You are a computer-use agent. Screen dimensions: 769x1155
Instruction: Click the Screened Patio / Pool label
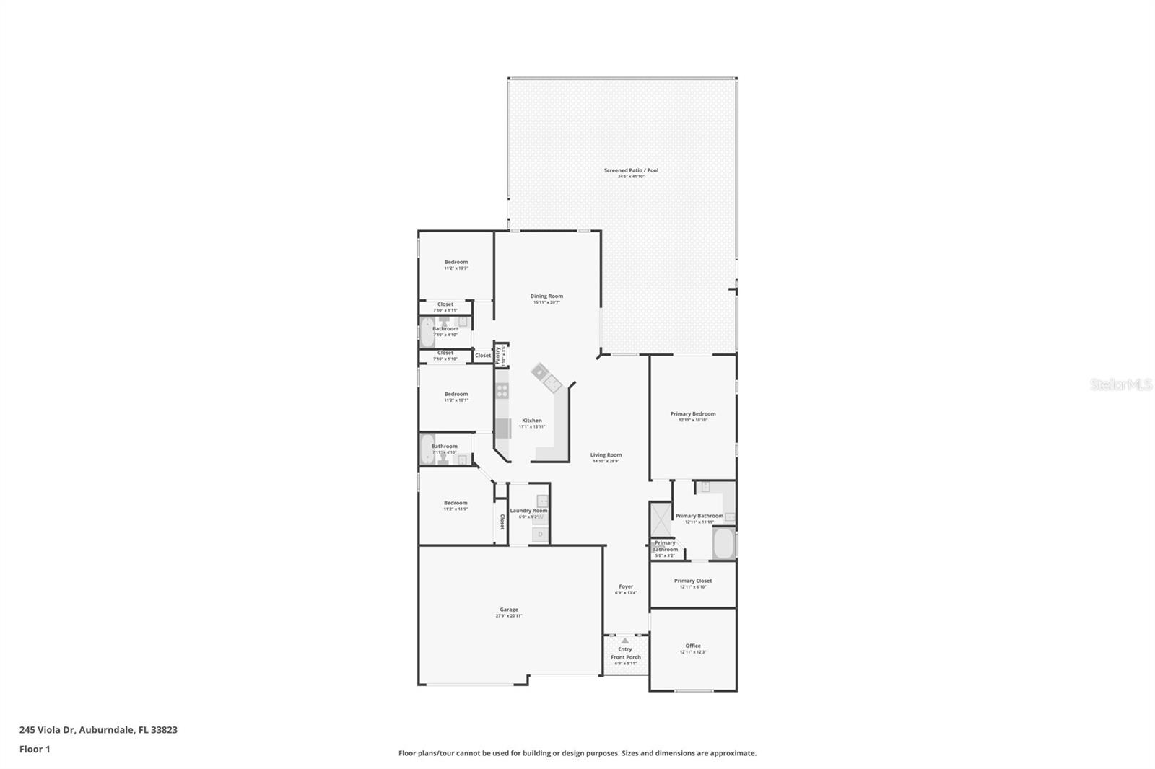click(631, 170)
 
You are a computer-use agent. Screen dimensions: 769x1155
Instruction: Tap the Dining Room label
click(546, 296)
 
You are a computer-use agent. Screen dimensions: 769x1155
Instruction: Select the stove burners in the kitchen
click(502, 390)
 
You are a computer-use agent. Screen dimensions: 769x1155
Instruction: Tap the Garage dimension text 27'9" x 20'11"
click(509, 616)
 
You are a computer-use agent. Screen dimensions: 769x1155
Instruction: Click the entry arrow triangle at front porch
click(624, 641)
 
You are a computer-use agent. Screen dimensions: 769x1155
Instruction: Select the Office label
click(693, 646)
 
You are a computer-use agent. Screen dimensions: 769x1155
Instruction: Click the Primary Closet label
click(693, 581)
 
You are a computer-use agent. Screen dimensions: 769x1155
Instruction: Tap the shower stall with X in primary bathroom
click(660, 520)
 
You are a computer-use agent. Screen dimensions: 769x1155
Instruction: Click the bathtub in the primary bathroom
click(723, 544)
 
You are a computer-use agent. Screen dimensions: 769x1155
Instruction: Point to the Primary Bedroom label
click(693, 413)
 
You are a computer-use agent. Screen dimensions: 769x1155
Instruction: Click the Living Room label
click(606, 454)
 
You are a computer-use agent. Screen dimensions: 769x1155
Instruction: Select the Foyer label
click(626, 586)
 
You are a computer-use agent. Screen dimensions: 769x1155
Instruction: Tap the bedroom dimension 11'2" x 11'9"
click(456, 509)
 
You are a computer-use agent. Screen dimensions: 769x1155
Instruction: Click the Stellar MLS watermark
click(1120, 385)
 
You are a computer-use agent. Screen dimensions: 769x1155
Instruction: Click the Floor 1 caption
click(35, 749)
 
